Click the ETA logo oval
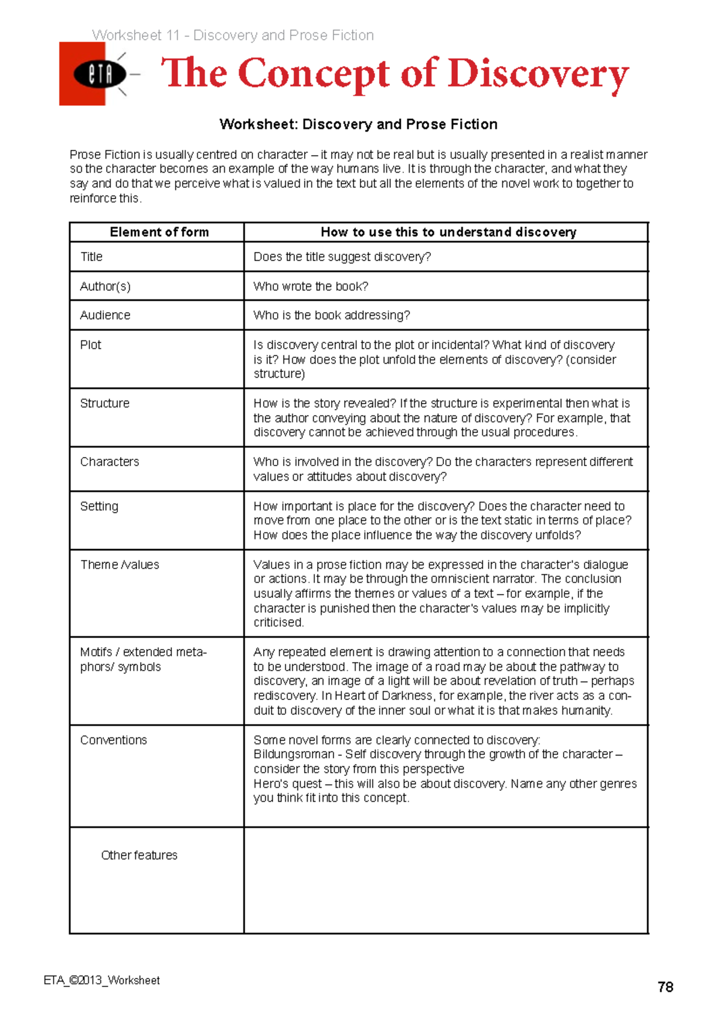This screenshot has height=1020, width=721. click(100, 75)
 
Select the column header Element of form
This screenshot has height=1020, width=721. click(159, 232)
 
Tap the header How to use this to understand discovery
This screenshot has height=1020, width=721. click(448, 232)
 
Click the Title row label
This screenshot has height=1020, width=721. click(91, 257)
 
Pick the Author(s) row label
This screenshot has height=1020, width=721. click(105, 286)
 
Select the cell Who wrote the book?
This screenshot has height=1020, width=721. click(311, 286)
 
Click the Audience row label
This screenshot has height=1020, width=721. click(105, 315)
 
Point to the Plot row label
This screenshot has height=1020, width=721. click(91, 345)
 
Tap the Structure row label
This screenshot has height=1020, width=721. click(105, 403)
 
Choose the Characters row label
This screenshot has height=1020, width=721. click(109, 462)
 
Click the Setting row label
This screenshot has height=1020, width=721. click(99, 506)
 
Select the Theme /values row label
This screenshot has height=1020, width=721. click(120, 565)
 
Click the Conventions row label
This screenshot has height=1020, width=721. click(114, 740)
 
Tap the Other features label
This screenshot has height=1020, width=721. click(139, 855)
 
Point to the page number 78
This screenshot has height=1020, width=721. click(665, 987)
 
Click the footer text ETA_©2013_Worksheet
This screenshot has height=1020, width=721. click(102, 980)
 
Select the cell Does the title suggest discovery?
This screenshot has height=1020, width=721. click(342, 257)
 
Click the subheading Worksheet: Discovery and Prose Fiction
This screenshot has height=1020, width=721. click(359, 124)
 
